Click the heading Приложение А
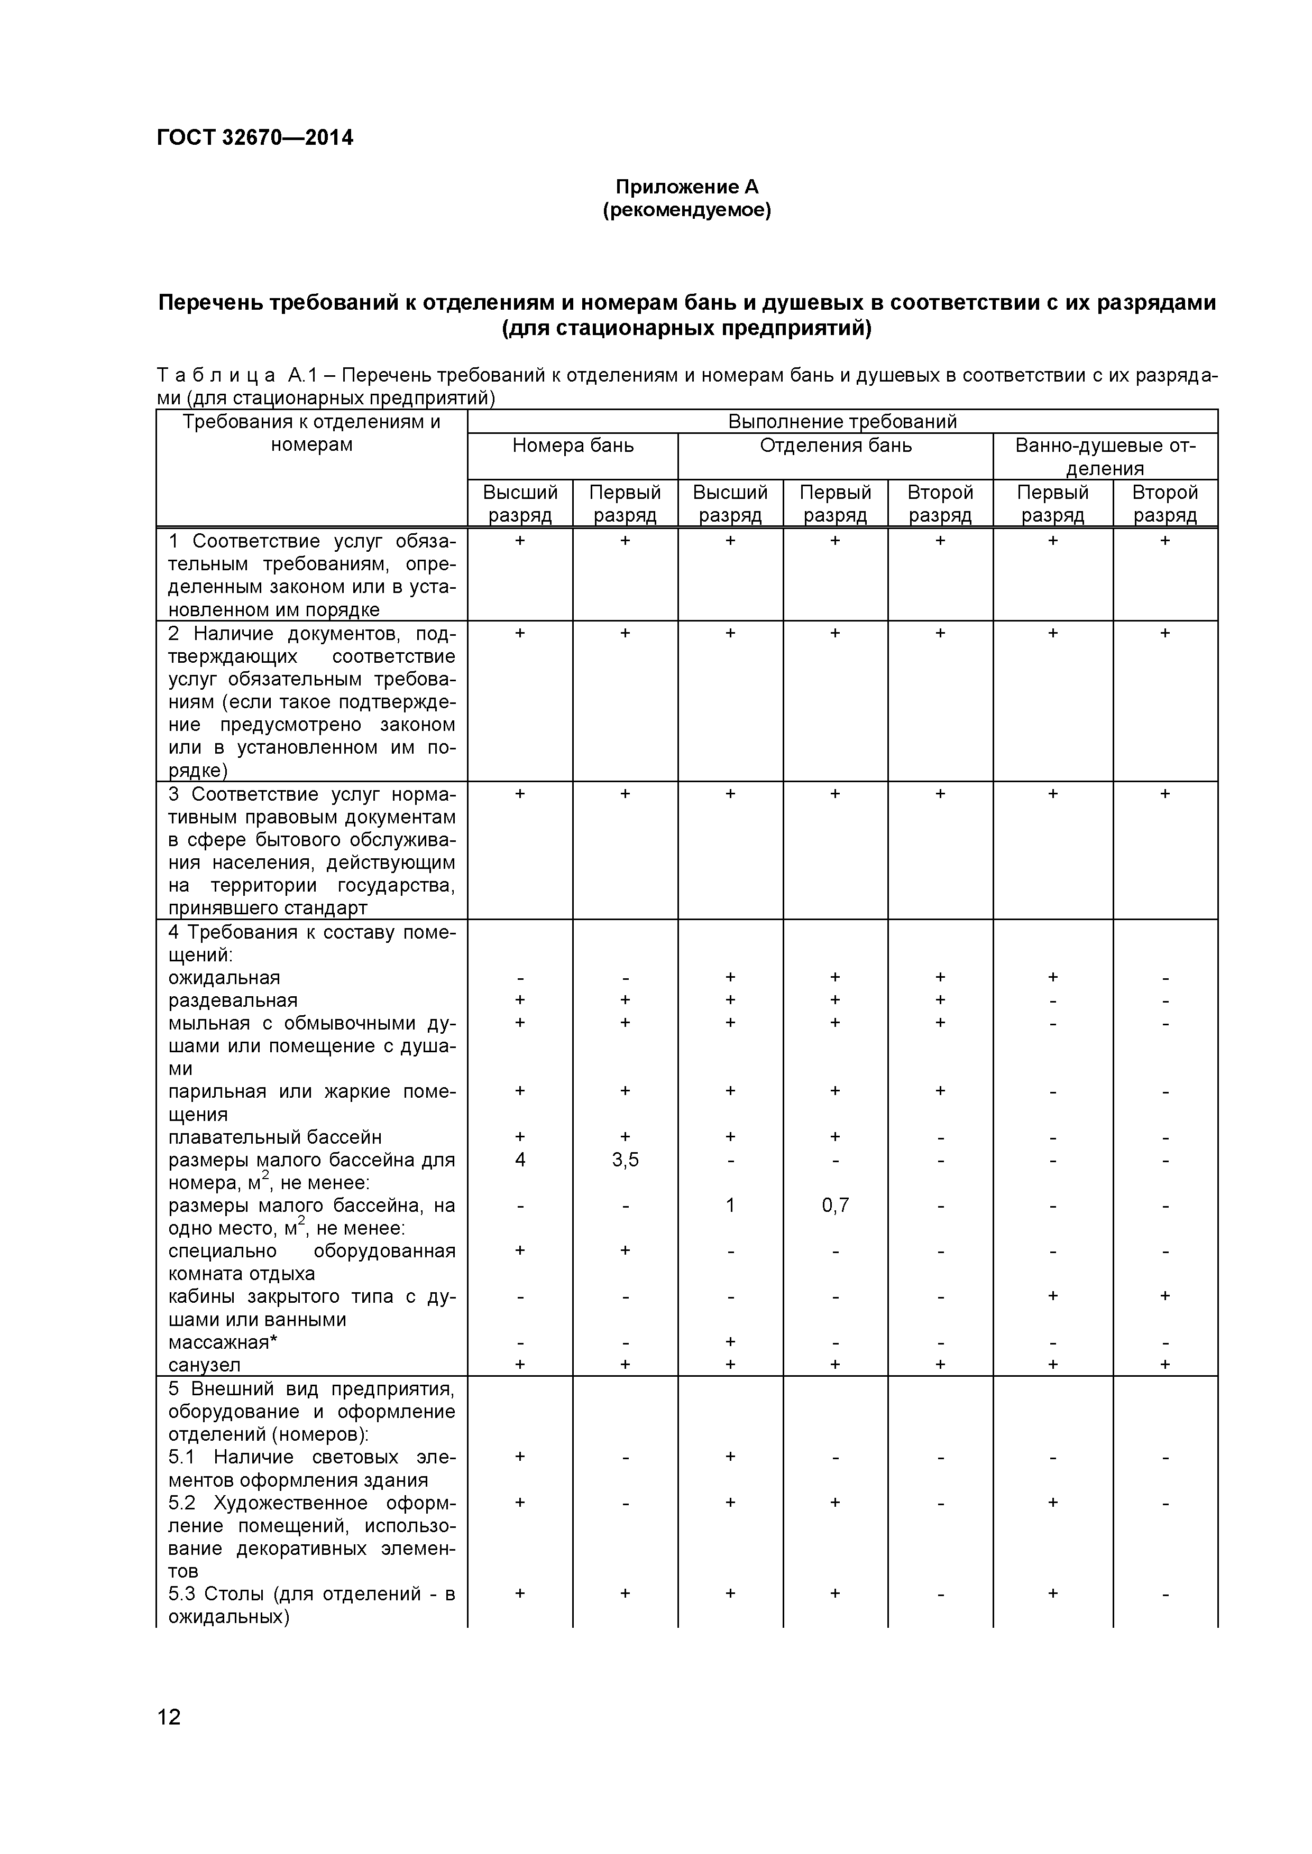687,187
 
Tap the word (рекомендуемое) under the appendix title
687,211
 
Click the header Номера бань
573,446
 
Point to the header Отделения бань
836,446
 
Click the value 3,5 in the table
625,1161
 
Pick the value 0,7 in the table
836,1206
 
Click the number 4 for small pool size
520,1161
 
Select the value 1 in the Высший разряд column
730,1206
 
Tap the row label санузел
205,1365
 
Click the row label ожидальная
224,978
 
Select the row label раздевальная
233,1000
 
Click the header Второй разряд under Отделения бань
940,504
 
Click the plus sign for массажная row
730,1341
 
